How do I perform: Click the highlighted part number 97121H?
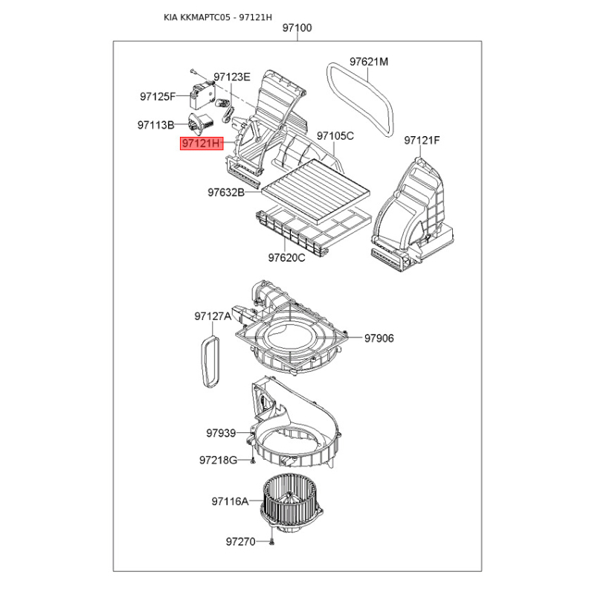click(x=202, y=144)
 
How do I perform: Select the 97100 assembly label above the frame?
click(x=297, y=28)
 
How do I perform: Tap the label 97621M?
click(x=369, y=62)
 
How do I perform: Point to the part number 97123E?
click(x=232, y=77)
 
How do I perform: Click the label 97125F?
click(x=158, y=97)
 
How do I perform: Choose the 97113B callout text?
click(x=156, y=124)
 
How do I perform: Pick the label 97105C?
click(x=335, y=135)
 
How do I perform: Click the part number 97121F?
click(x=422, y=141)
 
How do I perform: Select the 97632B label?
click(x=226, y=193)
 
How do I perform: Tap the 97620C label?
click(x=286, y=257)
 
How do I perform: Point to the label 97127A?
click(x=213, y=316)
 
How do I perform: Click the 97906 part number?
click(x=379, y=338)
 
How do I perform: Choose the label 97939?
click(x=221, y=433)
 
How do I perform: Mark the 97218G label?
click(x=218, y=460)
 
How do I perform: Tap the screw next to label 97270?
click(x=271, y=543)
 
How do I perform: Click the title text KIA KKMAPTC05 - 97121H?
click(x=218, y=17)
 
